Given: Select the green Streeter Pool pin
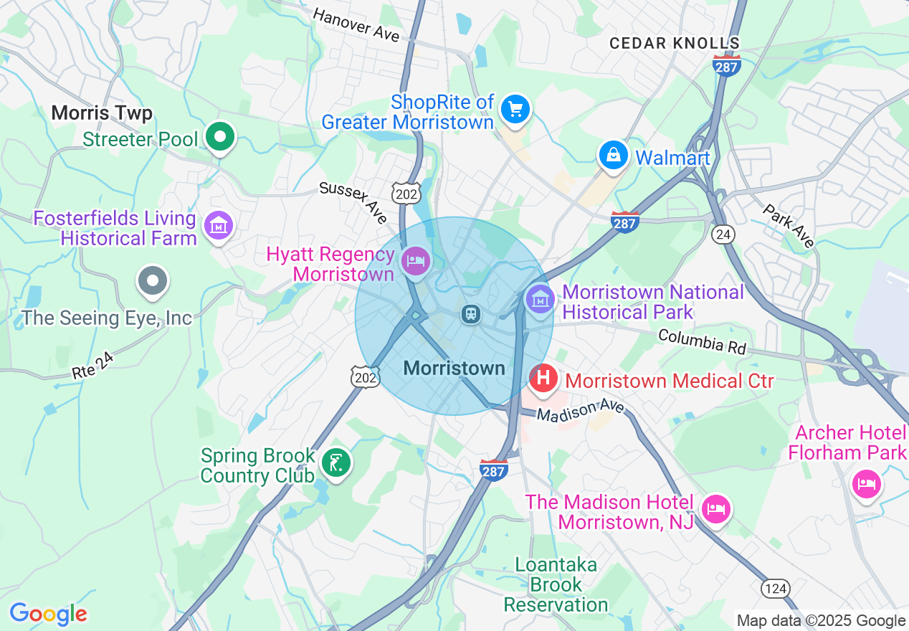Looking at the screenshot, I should pos(220,136).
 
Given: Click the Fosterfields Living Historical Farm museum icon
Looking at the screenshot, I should pos(219,225).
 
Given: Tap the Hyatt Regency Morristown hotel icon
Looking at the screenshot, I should pos(415,260).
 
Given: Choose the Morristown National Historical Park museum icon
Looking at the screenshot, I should pos(540,298).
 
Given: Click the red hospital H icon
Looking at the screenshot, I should pos(543,377).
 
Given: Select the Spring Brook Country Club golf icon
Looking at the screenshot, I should pos(335,462).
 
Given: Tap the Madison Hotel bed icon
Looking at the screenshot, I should pos(715,509).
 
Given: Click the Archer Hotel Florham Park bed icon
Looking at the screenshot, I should pos(866,484).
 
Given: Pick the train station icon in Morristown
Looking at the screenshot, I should pos(470,313).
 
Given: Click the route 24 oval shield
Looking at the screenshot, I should pos(721,233).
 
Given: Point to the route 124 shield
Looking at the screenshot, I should pos(776,589).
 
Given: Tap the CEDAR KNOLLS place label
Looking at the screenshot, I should pos(674,43).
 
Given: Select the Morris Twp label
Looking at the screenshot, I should pos(102,113).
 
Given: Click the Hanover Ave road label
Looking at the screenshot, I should pos(356,25).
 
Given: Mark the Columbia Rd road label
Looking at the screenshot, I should pos(702,341).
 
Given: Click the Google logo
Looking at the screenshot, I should pos(48,614).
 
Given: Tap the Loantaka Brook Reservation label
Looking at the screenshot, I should pos(556,584).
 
